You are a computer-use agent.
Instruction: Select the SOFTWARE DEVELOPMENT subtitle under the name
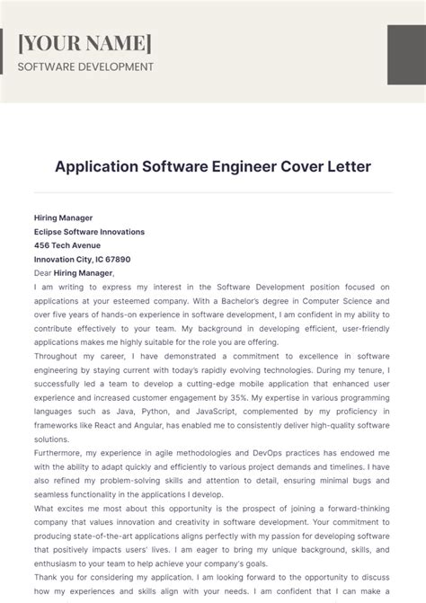85,67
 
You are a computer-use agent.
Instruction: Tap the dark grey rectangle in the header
406,57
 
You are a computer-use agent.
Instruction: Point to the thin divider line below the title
213,191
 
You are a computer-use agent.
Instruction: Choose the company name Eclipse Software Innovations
89,231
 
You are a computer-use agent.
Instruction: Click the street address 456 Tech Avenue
67,245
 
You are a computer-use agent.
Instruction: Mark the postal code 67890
129,259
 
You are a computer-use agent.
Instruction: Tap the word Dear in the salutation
43,273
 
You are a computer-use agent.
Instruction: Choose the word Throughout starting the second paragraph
59,356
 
